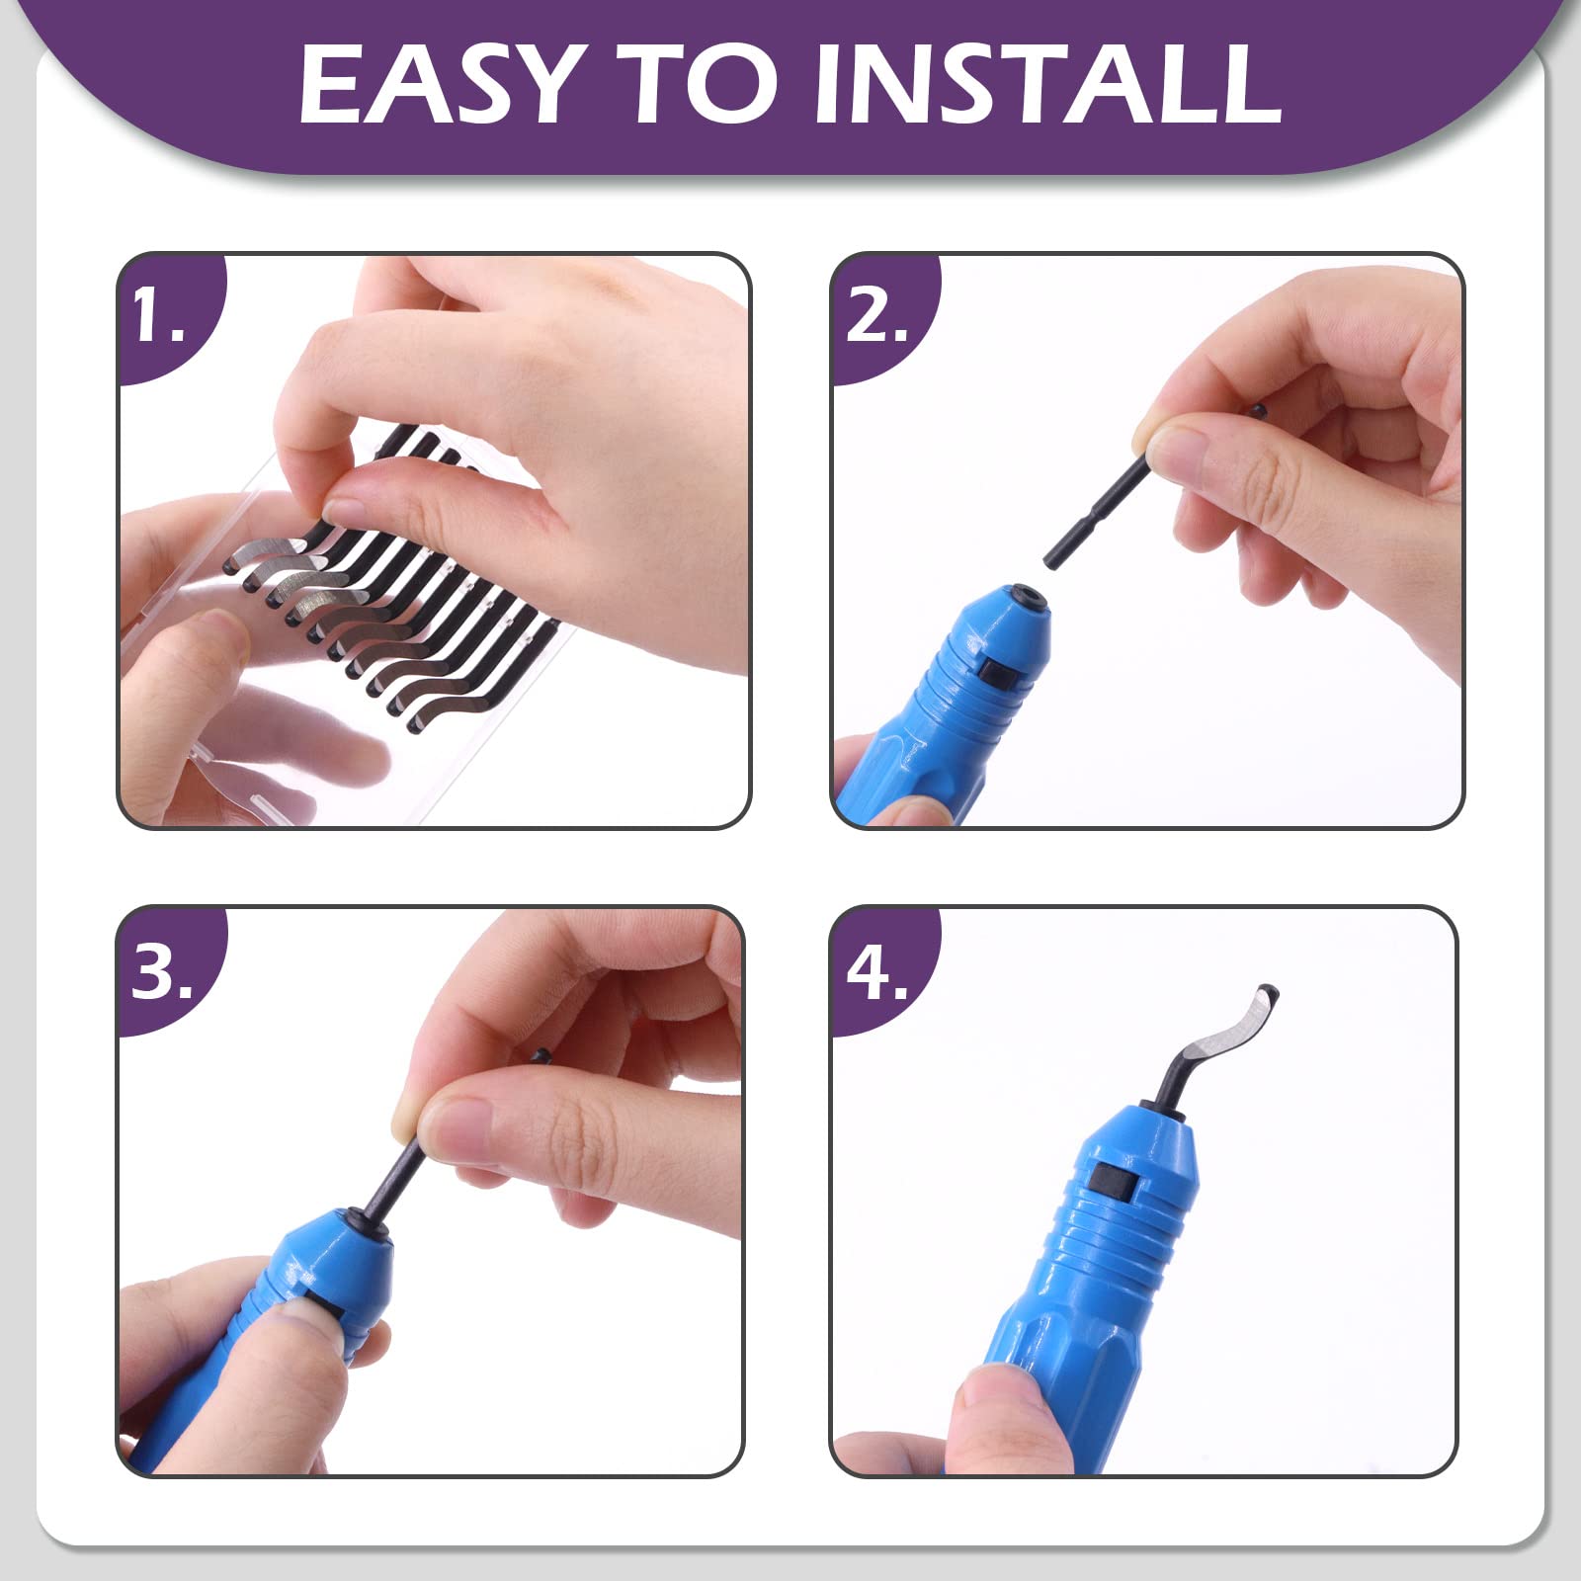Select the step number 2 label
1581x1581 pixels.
[x=876, y=315]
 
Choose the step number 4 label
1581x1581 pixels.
[x=877, y=970]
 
